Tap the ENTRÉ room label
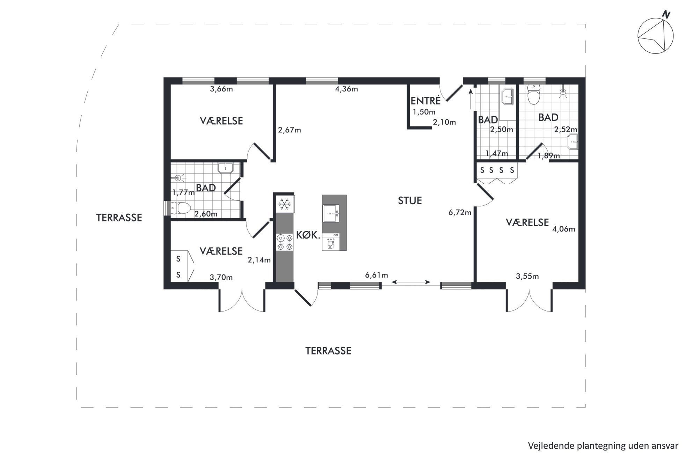[425, 101]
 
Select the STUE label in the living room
[410, 200]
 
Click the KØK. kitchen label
[308, 235]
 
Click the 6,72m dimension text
[460, 212]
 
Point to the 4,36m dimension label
[346, 89]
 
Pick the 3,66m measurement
[221, 89]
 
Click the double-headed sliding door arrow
[411, 281]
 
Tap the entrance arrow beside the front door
[470, 99]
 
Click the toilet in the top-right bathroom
[533, 95]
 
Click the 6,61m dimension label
[377, 275]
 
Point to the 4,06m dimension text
[563, 229]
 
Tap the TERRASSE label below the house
[328, 351]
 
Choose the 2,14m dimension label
[259, 260]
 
